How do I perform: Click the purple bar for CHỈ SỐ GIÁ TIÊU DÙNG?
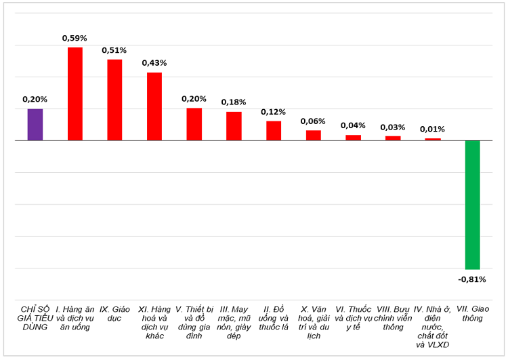click(35, 125)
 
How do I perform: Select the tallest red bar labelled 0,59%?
click(75, 94)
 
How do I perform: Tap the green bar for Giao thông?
click(472, 205)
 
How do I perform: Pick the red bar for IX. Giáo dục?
click(114, 100)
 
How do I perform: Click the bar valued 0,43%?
click(154, 106)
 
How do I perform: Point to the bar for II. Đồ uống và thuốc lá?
click(274, 131)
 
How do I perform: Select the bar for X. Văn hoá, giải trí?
click(314, 136)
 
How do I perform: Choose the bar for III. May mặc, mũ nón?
click(234, 126)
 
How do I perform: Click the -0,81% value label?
click(471, 279)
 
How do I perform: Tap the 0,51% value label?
click(114, 50)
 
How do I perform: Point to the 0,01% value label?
click(432, 129)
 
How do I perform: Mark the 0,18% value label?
click(234, 102)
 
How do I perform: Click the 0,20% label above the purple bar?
click(35, 99)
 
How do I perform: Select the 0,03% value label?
click(393, 127)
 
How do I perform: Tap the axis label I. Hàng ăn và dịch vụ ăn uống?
click(75, 318)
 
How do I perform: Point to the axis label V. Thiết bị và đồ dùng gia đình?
click(194, 322)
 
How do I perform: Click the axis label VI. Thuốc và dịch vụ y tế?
click(353, 318)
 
